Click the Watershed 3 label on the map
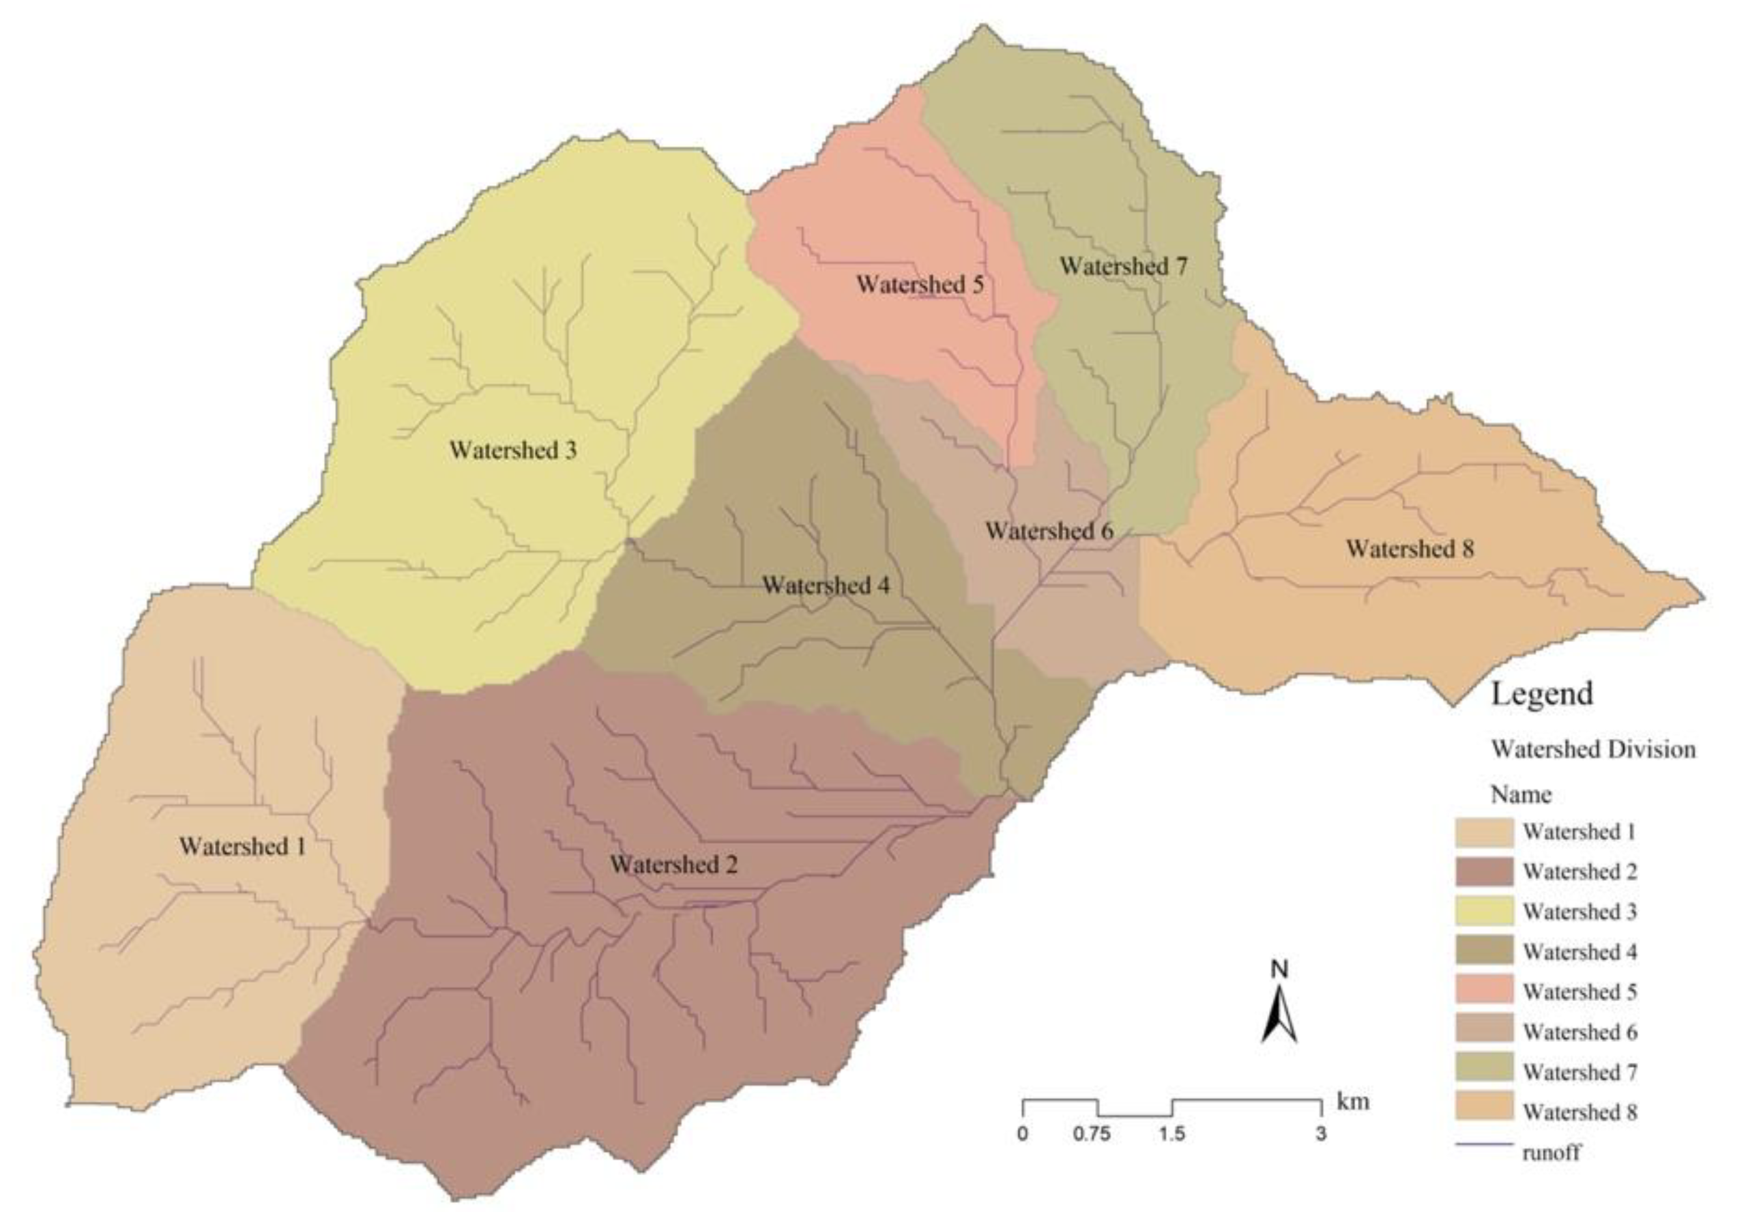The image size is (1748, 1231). tap(513, 450)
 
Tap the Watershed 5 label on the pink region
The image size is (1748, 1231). tap(920, 285)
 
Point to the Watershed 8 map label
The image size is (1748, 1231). tap(1410, 548)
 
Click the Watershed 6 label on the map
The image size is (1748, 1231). tap(1049, 531)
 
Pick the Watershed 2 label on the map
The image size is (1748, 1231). tap(674, 864)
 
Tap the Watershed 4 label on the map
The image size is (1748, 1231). tap(826, 585)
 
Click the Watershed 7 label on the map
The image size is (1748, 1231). tap(1123, 266)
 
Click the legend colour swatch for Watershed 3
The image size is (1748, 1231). tap(1484, 911)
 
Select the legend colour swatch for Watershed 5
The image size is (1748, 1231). tap(1484, 991)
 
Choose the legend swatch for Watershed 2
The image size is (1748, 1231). tap(1484, 871)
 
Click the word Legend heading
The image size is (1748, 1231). tap(1541, 693)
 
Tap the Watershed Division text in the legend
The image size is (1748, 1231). tap(1592, 749)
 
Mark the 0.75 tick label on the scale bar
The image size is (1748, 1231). tap(1091, 1134)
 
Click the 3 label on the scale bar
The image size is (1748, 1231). tap(1320, 1134)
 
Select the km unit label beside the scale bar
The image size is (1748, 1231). tap(1352, 1101)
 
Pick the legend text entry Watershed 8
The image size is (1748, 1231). tap(1579, 1112)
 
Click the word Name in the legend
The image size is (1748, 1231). tap(1520, 795)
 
